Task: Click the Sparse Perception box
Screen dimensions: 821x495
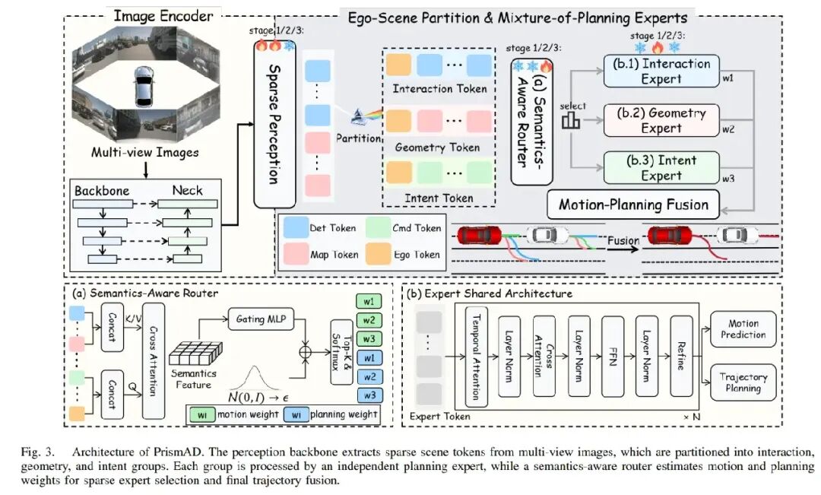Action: point(274,125)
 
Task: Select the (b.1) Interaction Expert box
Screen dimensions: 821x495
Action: point(661,71)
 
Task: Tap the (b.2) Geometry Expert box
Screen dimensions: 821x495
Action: point(661,120)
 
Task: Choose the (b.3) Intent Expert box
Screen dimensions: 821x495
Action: point(661,167)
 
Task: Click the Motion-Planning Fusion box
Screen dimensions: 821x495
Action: point(633,205)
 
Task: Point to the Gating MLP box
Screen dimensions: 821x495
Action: point(261,319)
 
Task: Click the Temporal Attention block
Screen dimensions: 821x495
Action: point(476,357)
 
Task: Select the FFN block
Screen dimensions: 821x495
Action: point(613,356)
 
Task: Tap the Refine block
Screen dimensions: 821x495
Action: point(681,356)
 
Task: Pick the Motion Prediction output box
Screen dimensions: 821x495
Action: point(743,329)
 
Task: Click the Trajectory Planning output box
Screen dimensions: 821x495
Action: point(743,382)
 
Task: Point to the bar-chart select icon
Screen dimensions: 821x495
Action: point(571,121)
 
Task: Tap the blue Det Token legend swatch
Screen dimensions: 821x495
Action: point(296,228)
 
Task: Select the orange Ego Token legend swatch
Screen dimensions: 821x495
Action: point(379,254)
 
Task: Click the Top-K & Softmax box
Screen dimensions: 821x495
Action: point(341,352)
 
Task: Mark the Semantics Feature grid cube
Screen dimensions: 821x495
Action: point(196,353)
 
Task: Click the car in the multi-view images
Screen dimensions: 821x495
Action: point(144,87)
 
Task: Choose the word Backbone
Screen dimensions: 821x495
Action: point(102,191)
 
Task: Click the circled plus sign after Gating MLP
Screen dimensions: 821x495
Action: point(306,351)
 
